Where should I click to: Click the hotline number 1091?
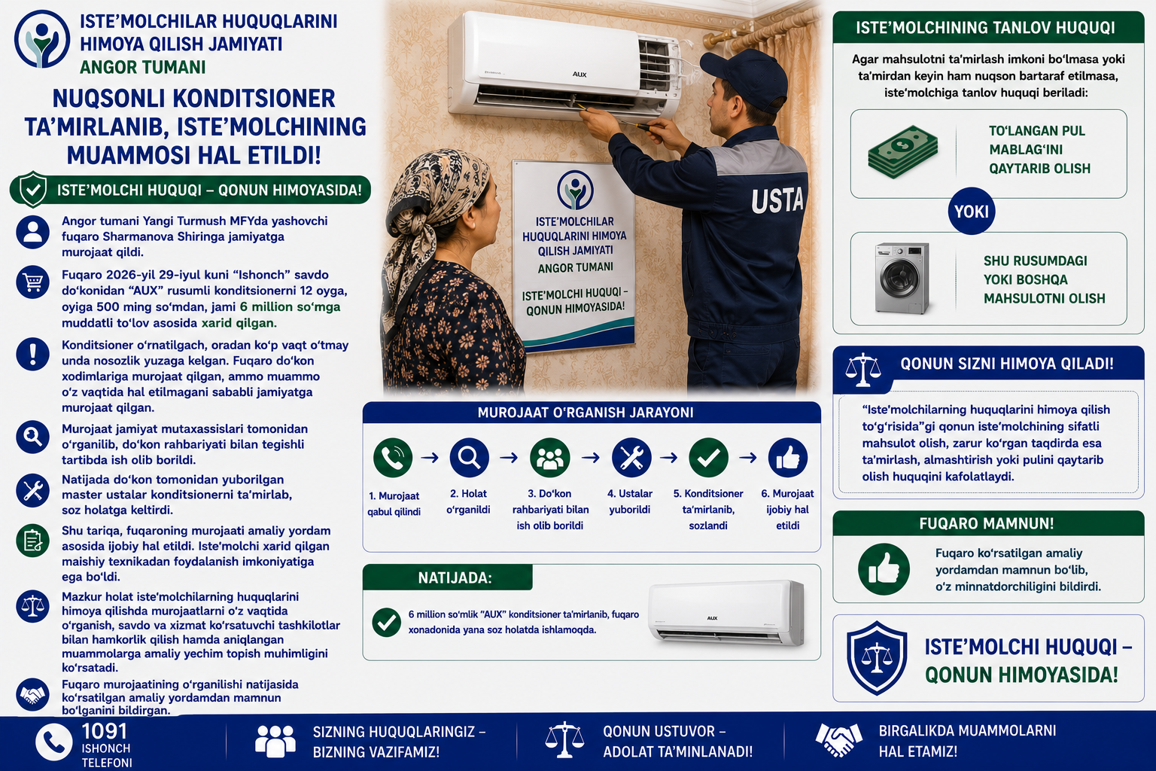(105, 731)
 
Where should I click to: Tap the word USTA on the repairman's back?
(777, 200)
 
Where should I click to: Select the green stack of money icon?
(902, 152)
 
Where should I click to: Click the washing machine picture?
(902, 278)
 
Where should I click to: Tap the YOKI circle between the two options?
(972, 212)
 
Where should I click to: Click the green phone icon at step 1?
(393, 458)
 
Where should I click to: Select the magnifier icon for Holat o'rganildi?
(469, 458)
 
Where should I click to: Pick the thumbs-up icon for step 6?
(787, 458)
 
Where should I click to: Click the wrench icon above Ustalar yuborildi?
(631, 458)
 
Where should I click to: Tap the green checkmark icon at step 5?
(708, 458)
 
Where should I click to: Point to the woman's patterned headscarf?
(433, 206)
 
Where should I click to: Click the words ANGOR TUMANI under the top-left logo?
(142, 67)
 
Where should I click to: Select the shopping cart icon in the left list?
(32, 282)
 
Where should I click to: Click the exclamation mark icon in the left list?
(32, 355)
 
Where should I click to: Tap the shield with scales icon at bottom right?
(877, 658)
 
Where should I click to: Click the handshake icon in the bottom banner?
(838, 740)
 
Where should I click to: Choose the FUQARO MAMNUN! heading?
(986, 523)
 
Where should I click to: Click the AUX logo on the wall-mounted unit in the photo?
(580, 75)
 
